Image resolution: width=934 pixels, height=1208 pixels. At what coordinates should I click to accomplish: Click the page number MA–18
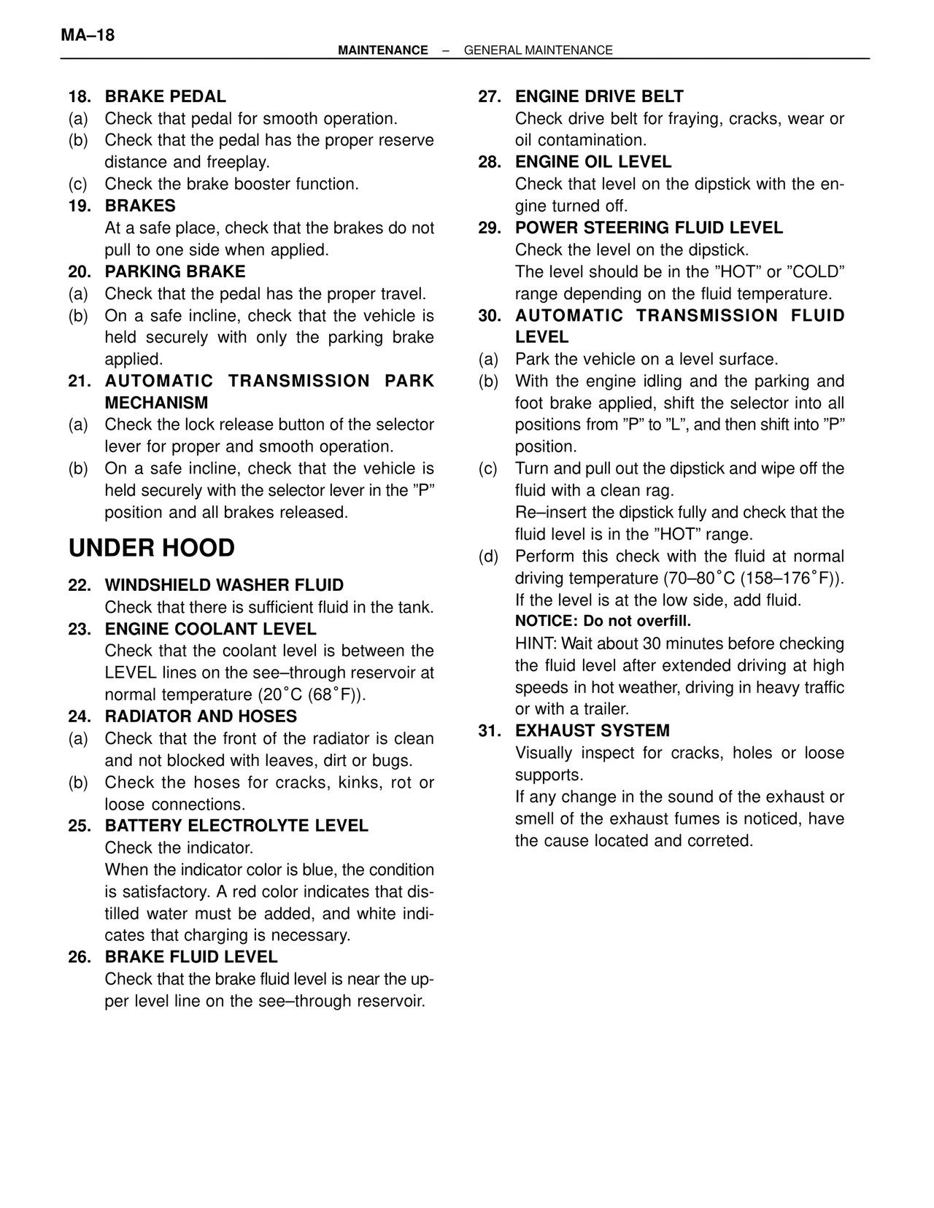[x=88, y=35]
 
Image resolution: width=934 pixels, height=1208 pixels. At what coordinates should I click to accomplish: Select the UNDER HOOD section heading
[x=152, y=549]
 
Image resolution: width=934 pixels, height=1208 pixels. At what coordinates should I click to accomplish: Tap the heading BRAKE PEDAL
[x=166, y=96]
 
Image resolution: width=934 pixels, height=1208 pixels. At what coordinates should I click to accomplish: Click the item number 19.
[x=80, y=206]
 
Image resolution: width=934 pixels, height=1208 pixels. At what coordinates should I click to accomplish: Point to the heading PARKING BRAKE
[x=175, y=271]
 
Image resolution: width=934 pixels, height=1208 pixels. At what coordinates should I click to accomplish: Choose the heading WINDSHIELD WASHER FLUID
[x=224, y=585]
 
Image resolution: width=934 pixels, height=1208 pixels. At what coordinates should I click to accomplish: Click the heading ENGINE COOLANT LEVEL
[x=211, y=629]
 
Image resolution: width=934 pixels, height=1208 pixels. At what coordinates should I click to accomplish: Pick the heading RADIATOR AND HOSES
[x=201, y=716]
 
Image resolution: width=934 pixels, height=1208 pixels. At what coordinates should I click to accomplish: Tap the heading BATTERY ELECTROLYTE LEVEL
[x=236, y=826]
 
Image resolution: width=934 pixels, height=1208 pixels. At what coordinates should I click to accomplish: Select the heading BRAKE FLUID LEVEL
[x=191, y=957]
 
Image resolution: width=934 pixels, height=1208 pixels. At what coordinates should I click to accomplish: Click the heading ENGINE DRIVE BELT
[x=599, y=96]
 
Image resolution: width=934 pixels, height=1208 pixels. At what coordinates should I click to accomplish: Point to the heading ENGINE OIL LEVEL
[x=593, y=162]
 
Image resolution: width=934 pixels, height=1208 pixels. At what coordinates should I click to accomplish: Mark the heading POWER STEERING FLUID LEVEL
[x=649, y=228]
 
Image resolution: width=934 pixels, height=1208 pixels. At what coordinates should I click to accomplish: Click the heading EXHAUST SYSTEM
[x=593, y=731]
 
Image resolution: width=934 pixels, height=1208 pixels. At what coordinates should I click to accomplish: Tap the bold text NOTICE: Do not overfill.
[x=603, y=622]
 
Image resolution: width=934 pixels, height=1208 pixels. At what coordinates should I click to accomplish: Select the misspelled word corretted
[x=719, y=841]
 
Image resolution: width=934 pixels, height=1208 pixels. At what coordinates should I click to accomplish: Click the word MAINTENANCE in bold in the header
[x=383, y=50]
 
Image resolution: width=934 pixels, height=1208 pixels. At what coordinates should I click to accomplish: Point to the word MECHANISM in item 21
[x=156, y=403]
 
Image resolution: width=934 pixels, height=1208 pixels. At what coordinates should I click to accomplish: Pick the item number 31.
[x=490, y=731]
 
